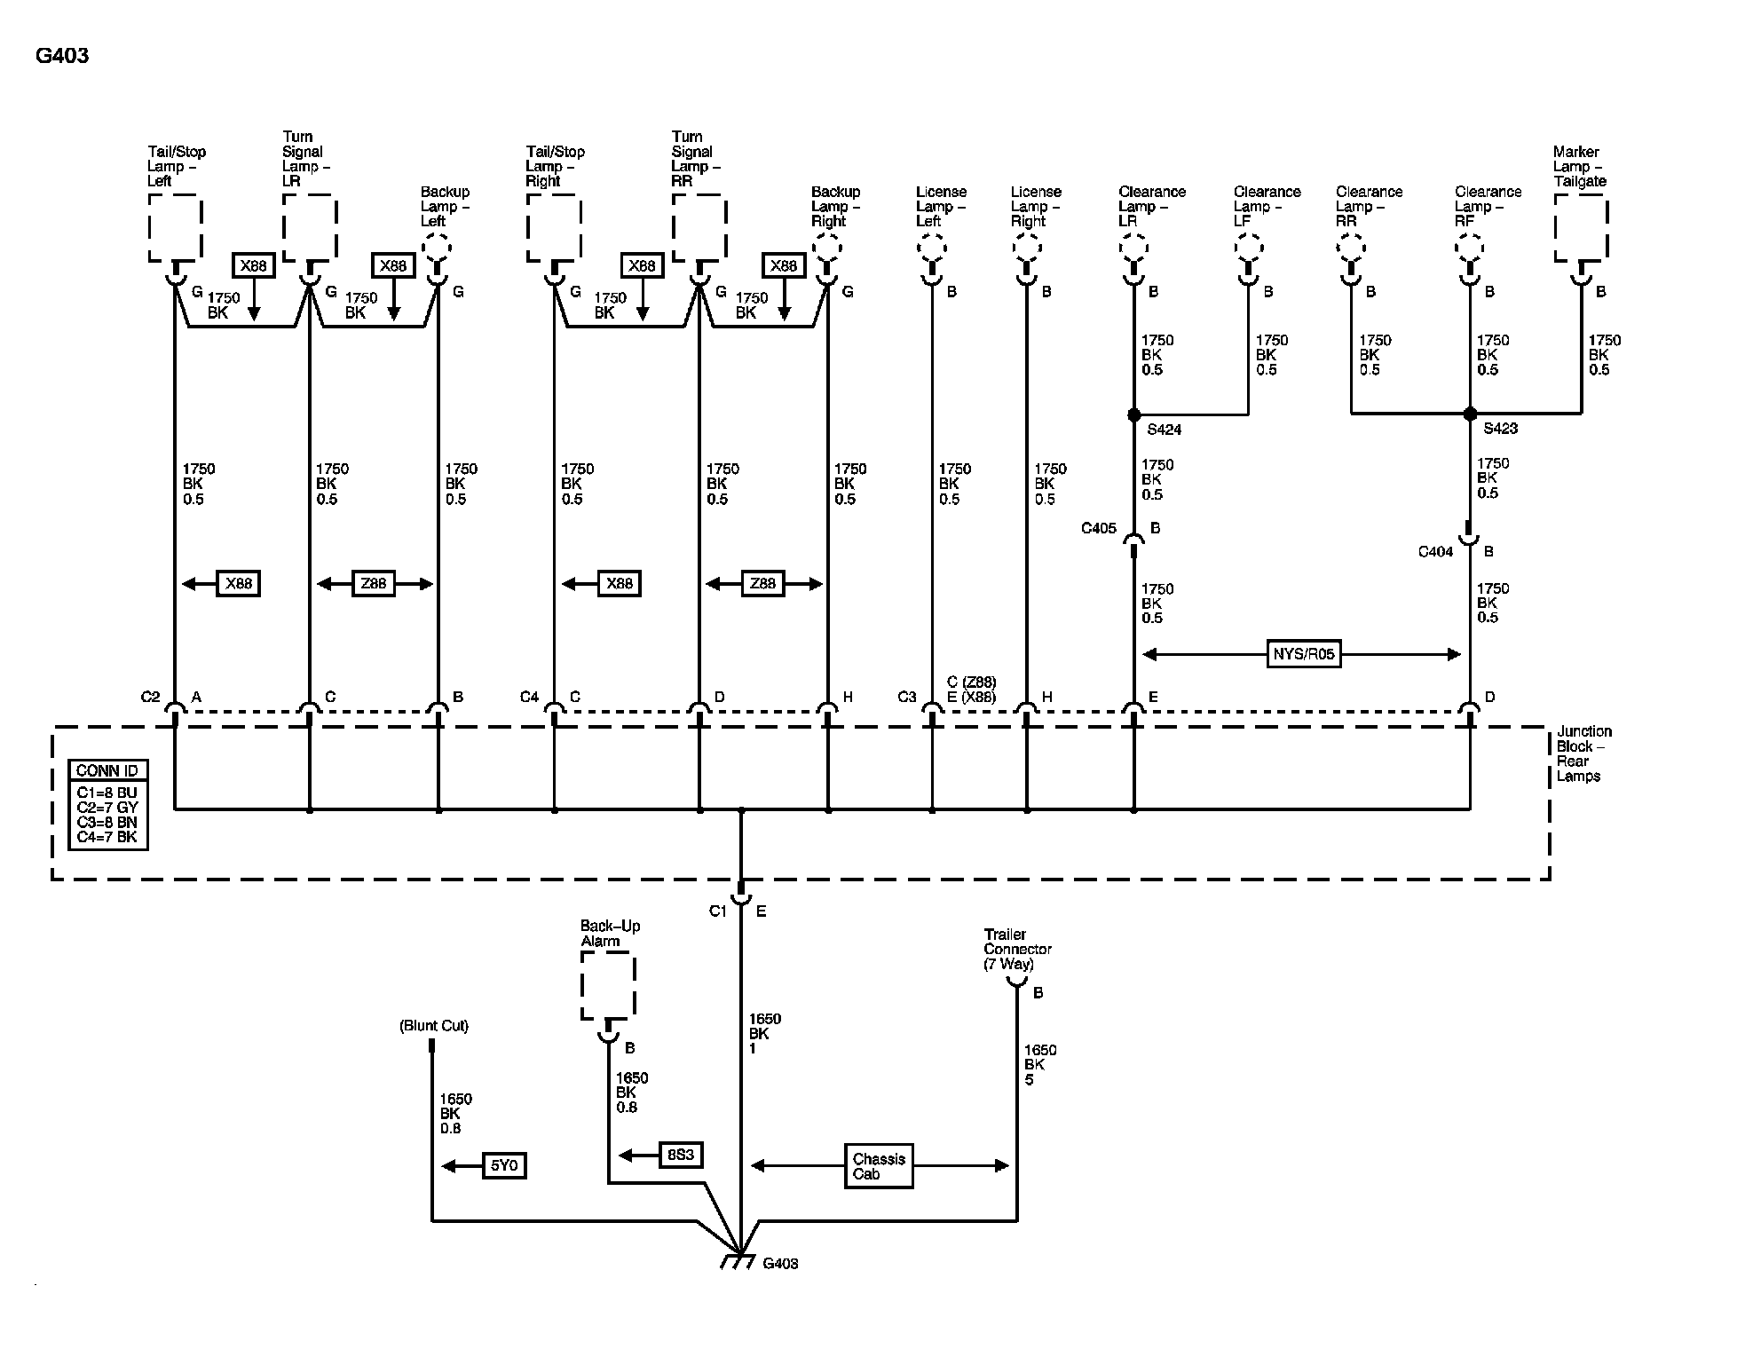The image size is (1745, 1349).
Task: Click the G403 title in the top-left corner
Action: click(x=62, y=56)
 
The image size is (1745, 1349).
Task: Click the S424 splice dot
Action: click(x=1133, y=414)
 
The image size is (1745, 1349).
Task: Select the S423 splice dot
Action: click(x=1470, y=414)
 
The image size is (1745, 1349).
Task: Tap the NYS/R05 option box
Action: click(x=1303, y=655)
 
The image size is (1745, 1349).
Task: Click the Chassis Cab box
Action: click(x=878, y=1166)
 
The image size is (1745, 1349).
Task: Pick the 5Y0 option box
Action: click(x=504, y=1165)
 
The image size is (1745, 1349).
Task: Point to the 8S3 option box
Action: click(x=681, y=1155)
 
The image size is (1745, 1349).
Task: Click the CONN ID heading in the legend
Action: click(x=107, y=770)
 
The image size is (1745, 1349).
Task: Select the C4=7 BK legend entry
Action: click(x=107, y=837)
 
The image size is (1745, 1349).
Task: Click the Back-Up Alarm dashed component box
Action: click(x=608, y=985)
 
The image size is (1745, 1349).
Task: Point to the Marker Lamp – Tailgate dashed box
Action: click(x=1581, y=228)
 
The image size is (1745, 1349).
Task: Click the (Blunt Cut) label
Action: click(x=433, y=1026)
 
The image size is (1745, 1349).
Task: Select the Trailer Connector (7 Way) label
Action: click(x=1017, y=949)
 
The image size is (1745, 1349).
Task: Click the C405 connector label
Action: click(x=1098, y=528)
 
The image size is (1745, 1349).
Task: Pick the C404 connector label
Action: click(x=1435, y=552)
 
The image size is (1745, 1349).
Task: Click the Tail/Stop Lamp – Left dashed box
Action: click(x=175, y=228)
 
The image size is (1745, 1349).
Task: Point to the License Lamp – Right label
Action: click(x=1035, y=206)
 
